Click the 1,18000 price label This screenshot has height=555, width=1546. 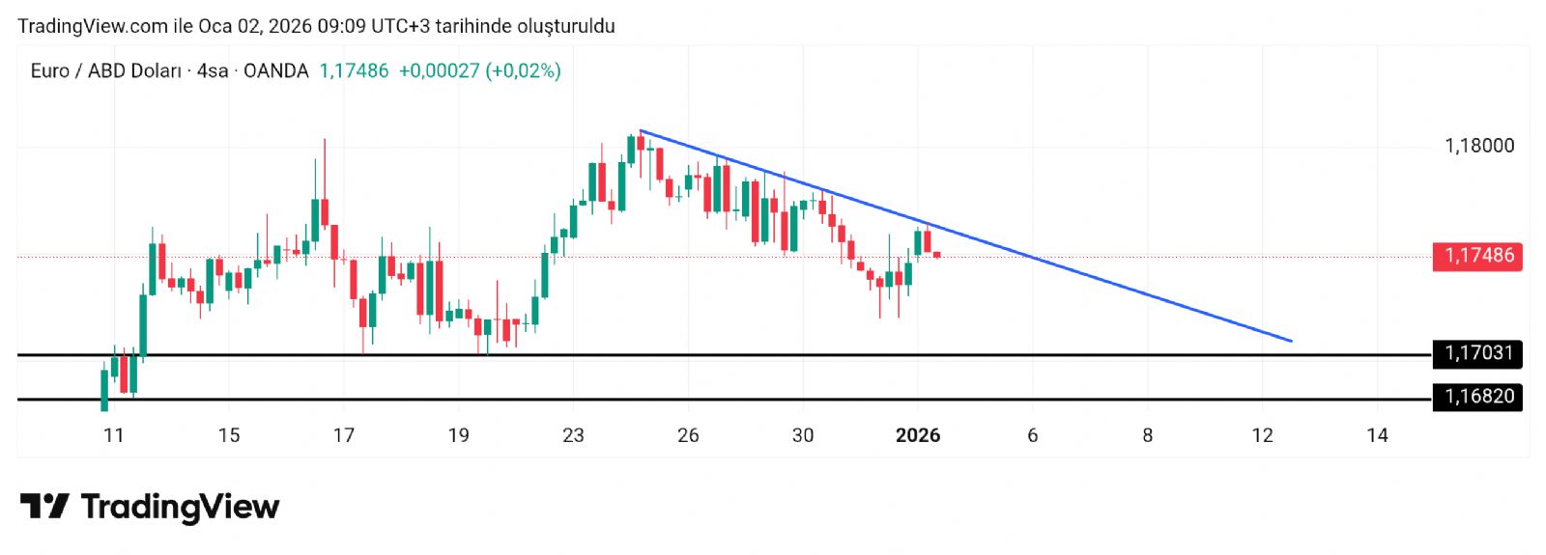1478,146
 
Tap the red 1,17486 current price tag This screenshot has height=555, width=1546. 1478,256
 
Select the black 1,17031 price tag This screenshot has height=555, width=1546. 1478,353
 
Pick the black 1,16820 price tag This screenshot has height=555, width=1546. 1478,397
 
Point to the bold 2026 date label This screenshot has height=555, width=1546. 917,435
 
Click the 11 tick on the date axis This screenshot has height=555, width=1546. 114,435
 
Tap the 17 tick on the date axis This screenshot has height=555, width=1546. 343,435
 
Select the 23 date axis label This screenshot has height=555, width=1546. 573,435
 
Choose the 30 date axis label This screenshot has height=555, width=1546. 802,435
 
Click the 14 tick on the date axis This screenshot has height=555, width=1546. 1377,435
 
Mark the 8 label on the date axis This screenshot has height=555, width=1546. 1147,435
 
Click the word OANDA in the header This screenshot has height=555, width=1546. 275,70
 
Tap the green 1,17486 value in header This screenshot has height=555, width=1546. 354,70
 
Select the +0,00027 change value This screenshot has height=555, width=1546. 439,70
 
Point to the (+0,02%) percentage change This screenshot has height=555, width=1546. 523,70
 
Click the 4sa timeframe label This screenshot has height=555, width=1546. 213,70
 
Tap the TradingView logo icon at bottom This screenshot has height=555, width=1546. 44,507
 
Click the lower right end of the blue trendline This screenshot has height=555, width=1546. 1291,341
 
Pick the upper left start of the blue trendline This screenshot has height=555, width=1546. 641,130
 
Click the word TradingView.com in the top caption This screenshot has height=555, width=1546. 93,26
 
